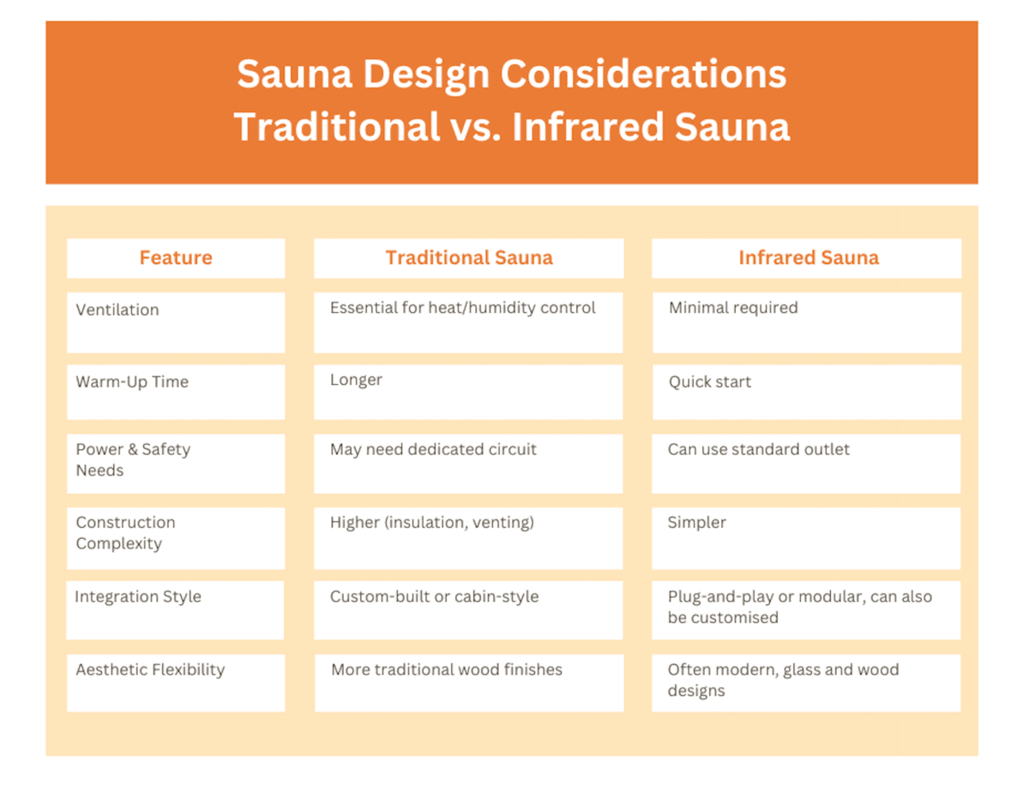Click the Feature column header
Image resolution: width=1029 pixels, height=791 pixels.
tap(176, 258)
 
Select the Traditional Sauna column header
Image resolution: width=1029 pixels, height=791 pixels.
tap(469, 258)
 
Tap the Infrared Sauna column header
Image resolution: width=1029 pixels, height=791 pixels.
tap(808, 258)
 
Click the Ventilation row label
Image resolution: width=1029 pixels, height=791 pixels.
tap(117, 310)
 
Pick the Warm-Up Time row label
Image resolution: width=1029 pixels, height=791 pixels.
tap(132, 382)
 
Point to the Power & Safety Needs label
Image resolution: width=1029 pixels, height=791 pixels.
tap(133, 459)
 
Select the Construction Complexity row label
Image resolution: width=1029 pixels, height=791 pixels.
tap(125, 532)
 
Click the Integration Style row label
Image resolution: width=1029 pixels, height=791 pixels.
tap(138, 596)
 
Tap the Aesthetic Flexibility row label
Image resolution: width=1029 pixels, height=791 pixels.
tap(150, 669)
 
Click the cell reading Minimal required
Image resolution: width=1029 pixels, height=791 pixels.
tap(733, 308)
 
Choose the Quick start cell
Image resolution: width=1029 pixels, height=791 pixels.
tap(710, 382)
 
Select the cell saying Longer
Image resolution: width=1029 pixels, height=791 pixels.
tap(356, 380)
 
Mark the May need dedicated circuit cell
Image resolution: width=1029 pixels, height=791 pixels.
tap(433, 449)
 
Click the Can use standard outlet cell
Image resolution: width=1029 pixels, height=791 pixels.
tap(759, 449)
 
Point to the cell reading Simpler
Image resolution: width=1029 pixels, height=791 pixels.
tap(696, 523)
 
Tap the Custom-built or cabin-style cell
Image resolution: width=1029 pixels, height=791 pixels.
tap(434, 596)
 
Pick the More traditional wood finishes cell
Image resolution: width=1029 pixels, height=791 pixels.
tap(447, 669)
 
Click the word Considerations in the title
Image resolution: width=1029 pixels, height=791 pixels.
tap(643, 75)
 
